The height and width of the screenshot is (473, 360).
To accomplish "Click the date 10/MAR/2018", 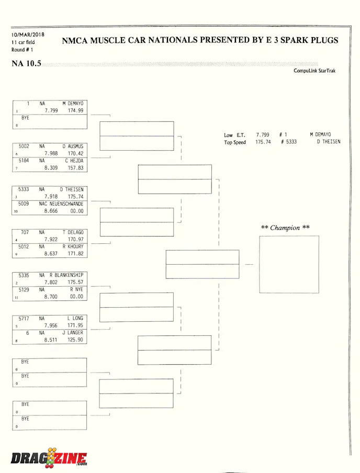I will pyautogui.click(x=28, y=35).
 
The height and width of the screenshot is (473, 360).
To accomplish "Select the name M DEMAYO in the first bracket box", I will pyautogui.click(x=73, y=104).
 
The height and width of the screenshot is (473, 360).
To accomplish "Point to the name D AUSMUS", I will pyautogui.click(x=73, y=146).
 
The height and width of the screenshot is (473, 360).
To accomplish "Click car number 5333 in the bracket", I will pyautogui.click(x=24, y=189).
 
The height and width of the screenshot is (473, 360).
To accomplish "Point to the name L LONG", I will pyautogui.click(x=75, y=318).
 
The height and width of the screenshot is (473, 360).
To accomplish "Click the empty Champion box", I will pyautogui.click(x=289, y=264).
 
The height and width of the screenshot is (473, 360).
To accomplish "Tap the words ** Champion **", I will pyautogui.click(x=285, y=228).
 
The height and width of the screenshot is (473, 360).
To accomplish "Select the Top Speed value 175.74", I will pyautogui.click(x=263, y=142).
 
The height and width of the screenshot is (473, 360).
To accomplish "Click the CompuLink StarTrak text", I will pyautogui.click(x=314, y=71).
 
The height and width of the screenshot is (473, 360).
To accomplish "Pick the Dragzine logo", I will pyautogui.click(x=49, y=457).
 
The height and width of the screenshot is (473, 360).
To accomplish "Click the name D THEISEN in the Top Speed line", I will pyautogui.click(x=328, y=142).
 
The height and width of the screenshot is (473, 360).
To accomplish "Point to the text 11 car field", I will pyautogui.click(x=23, y=42).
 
